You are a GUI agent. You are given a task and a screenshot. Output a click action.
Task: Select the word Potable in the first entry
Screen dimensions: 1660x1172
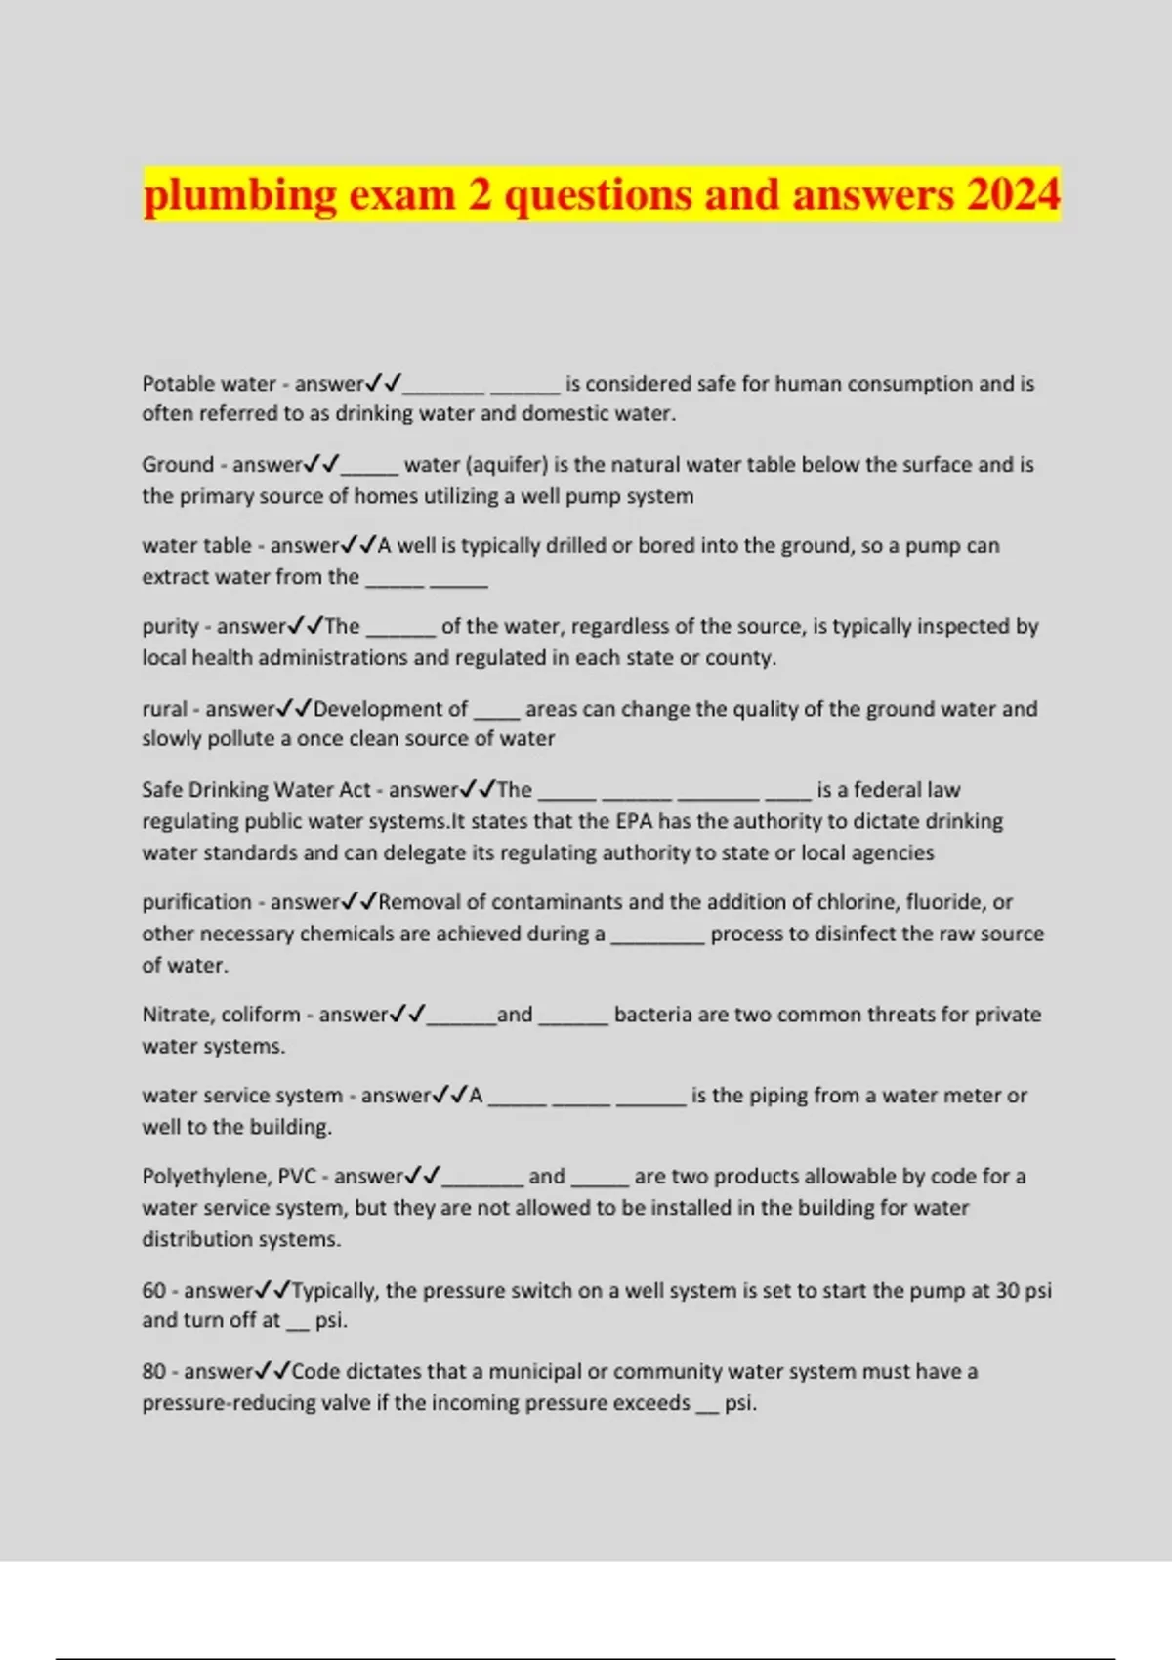[x=176, y=384]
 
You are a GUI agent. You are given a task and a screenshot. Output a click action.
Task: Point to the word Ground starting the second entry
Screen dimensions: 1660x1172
[x=178, y=464]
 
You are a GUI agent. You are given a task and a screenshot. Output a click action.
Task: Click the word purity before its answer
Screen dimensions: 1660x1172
[x=170, y=626]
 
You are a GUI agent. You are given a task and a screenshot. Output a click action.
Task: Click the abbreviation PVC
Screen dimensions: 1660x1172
[x=297, y=1176]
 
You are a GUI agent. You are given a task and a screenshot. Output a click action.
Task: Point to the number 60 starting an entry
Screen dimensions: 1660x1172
[x=153, y=1290]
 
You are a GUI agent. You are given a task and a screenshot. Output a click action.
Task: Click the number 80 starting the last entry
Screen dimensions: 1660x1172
[x=153, y=1371]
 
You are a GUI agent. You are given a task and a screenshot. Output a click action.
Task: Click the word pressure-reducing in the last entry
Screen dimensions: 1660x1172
[x=226, y=1403]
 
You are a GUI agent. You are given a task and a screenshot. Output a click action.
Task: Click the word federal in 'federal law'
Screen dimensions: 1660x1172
[x=892, y=789]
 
